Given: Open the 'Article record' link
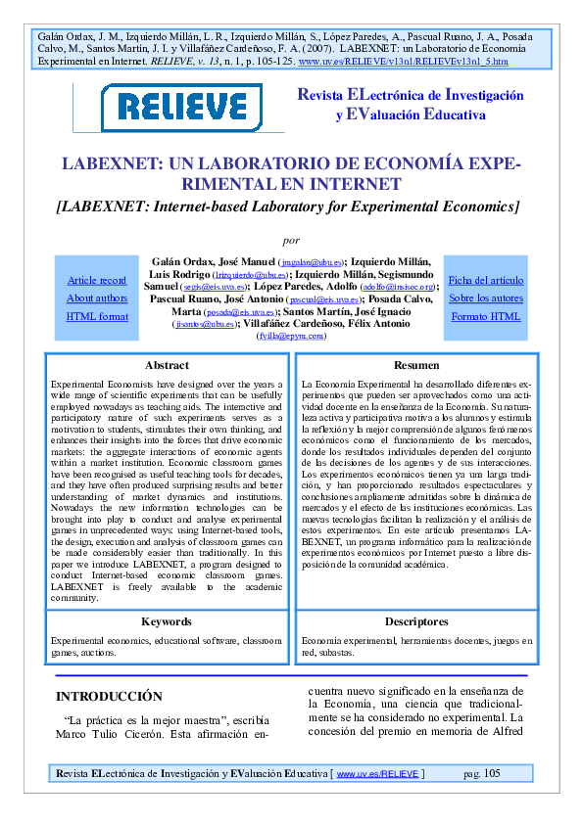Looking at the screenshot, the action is pyautogui.click(x=97, y=281).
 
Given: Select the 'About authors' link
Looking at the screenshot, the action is pyautogui.click(x=97, y=298).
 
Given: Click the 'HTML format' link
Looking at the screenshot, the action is pyautogui.click(x=97, y=316).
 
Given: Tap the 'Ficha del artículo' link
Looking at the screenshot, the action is pyautogui.click(x=486, y=281).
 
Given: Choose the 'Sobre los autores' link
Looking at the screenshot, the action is pyautogui.click(x=486, y=298).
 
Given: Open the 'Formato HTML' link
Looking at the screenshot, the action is pyautogui.click(x=486, y=316).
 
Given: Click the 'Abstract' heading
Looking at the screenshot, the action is pyautogui.click(x=167, y=365).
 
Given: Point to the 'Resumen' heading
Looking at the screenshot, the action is pyautogui.click(x=416, y=365).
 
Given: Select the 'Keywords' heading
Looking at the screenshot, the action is pyautogui.click(x=167, y=621).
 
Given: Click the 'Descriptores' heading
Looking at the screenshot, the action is pyautogui.click(x=416, y=621).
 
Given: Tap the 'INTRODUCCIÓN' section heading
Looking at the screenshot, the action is pyautogui.click(x=109, y=697).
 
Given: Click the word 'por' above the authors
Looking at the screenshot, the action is pyautogui.click(x=290, y=239).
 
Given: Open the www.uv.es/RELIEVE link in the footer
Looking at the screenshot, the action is pyautogui.click(x=377, y=774).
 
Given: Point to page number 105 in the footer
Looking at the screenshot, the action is pyautogui.click(x=491, y=774).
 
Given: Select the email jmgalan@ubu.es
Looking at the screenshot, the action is pyautogui.click(x=311, y=263).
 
